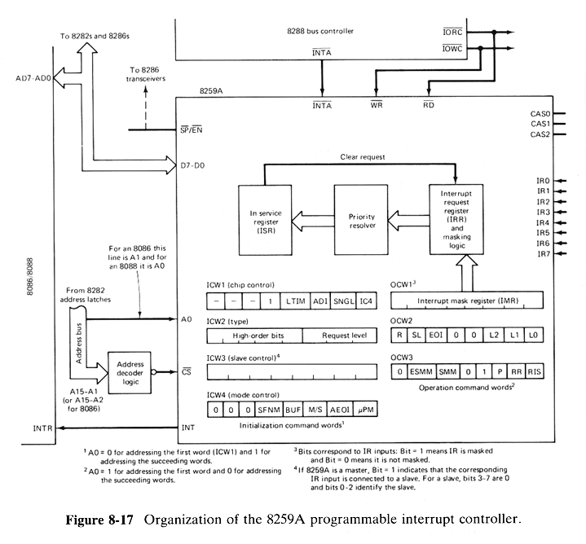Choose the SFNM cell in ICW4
(x=273, y=412)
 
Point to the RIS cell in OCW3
(x=534, y=371)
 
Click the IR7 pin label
(x=544, y=254)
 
